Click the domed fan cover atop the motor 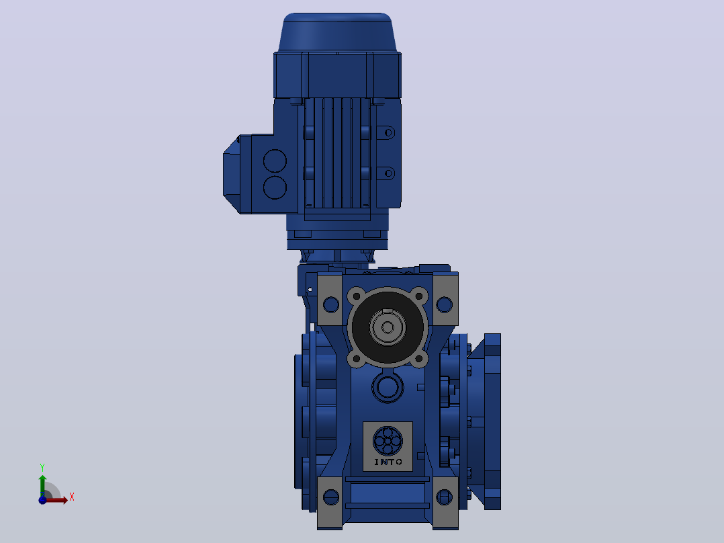[x=338, y=32]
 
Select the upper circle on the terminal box [x=275, y=161]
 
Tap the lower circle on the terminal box [x=275, y=187]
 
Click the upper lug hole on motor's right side [x=388, y=133]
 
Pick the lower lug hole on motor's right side [x=388, y=174]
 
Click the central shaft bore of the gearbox [x=388, y=328]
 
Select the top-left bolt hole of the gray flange [x=357, y=296]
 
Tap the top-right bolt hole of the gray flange [x=419, y=296]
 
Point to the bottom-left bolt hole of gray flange [x=357, y=359]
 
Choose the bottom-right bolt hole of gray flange [x=419, y=359]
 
